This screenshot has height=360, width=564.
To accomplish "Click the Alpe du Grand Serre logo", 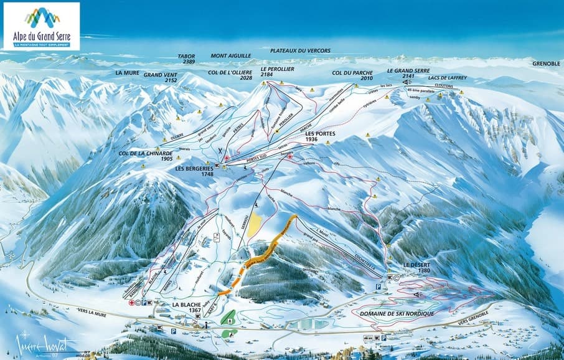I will click(x=41, y=26).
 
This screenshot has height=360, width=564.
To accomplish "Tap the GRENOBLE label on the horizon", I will click(x=546, y=64).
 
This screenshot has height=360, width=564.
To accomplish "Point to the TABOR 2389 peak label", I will click(x=186, y=59).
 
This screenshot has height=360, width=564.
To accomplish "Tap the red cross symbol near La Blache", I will click(x=131, y=303).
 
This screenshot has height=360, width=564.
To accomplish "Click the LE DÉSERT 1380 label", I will click(x=416, y=267).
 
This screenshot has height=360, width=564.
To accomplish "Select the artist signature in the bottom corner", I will click(x=47, y=346).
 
